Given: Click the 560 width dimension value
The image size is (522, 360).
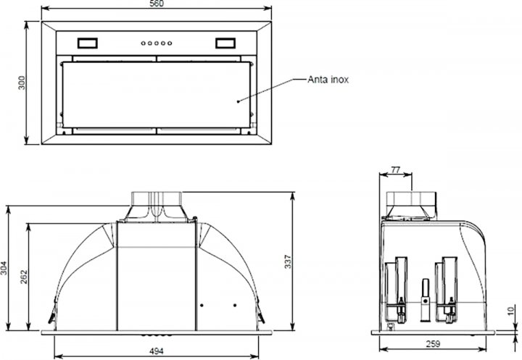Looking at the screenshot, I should pos(157,4).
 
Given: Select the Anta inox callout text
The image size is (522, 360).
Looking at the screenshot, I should pos(328,80).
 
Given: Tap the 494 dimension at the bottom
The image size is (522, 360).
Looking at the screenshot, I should pos(157,352).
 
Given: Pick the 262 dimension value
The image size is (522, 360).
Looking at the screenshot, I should pos(22,277).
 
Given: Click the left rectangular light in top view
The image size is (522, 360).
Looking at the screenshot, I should pos(88,43).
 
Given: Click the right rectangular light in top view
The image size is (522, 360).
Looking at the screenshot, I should pos(226,43).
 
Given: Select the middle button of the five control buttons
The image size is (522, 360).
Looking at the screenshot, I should pos(157,43).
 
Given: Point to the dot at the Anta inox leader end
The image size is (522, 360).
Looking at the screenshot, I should pos(239,101).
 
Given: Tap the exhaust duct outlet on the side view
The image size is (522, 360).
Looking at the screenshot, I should pos(411,204).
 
